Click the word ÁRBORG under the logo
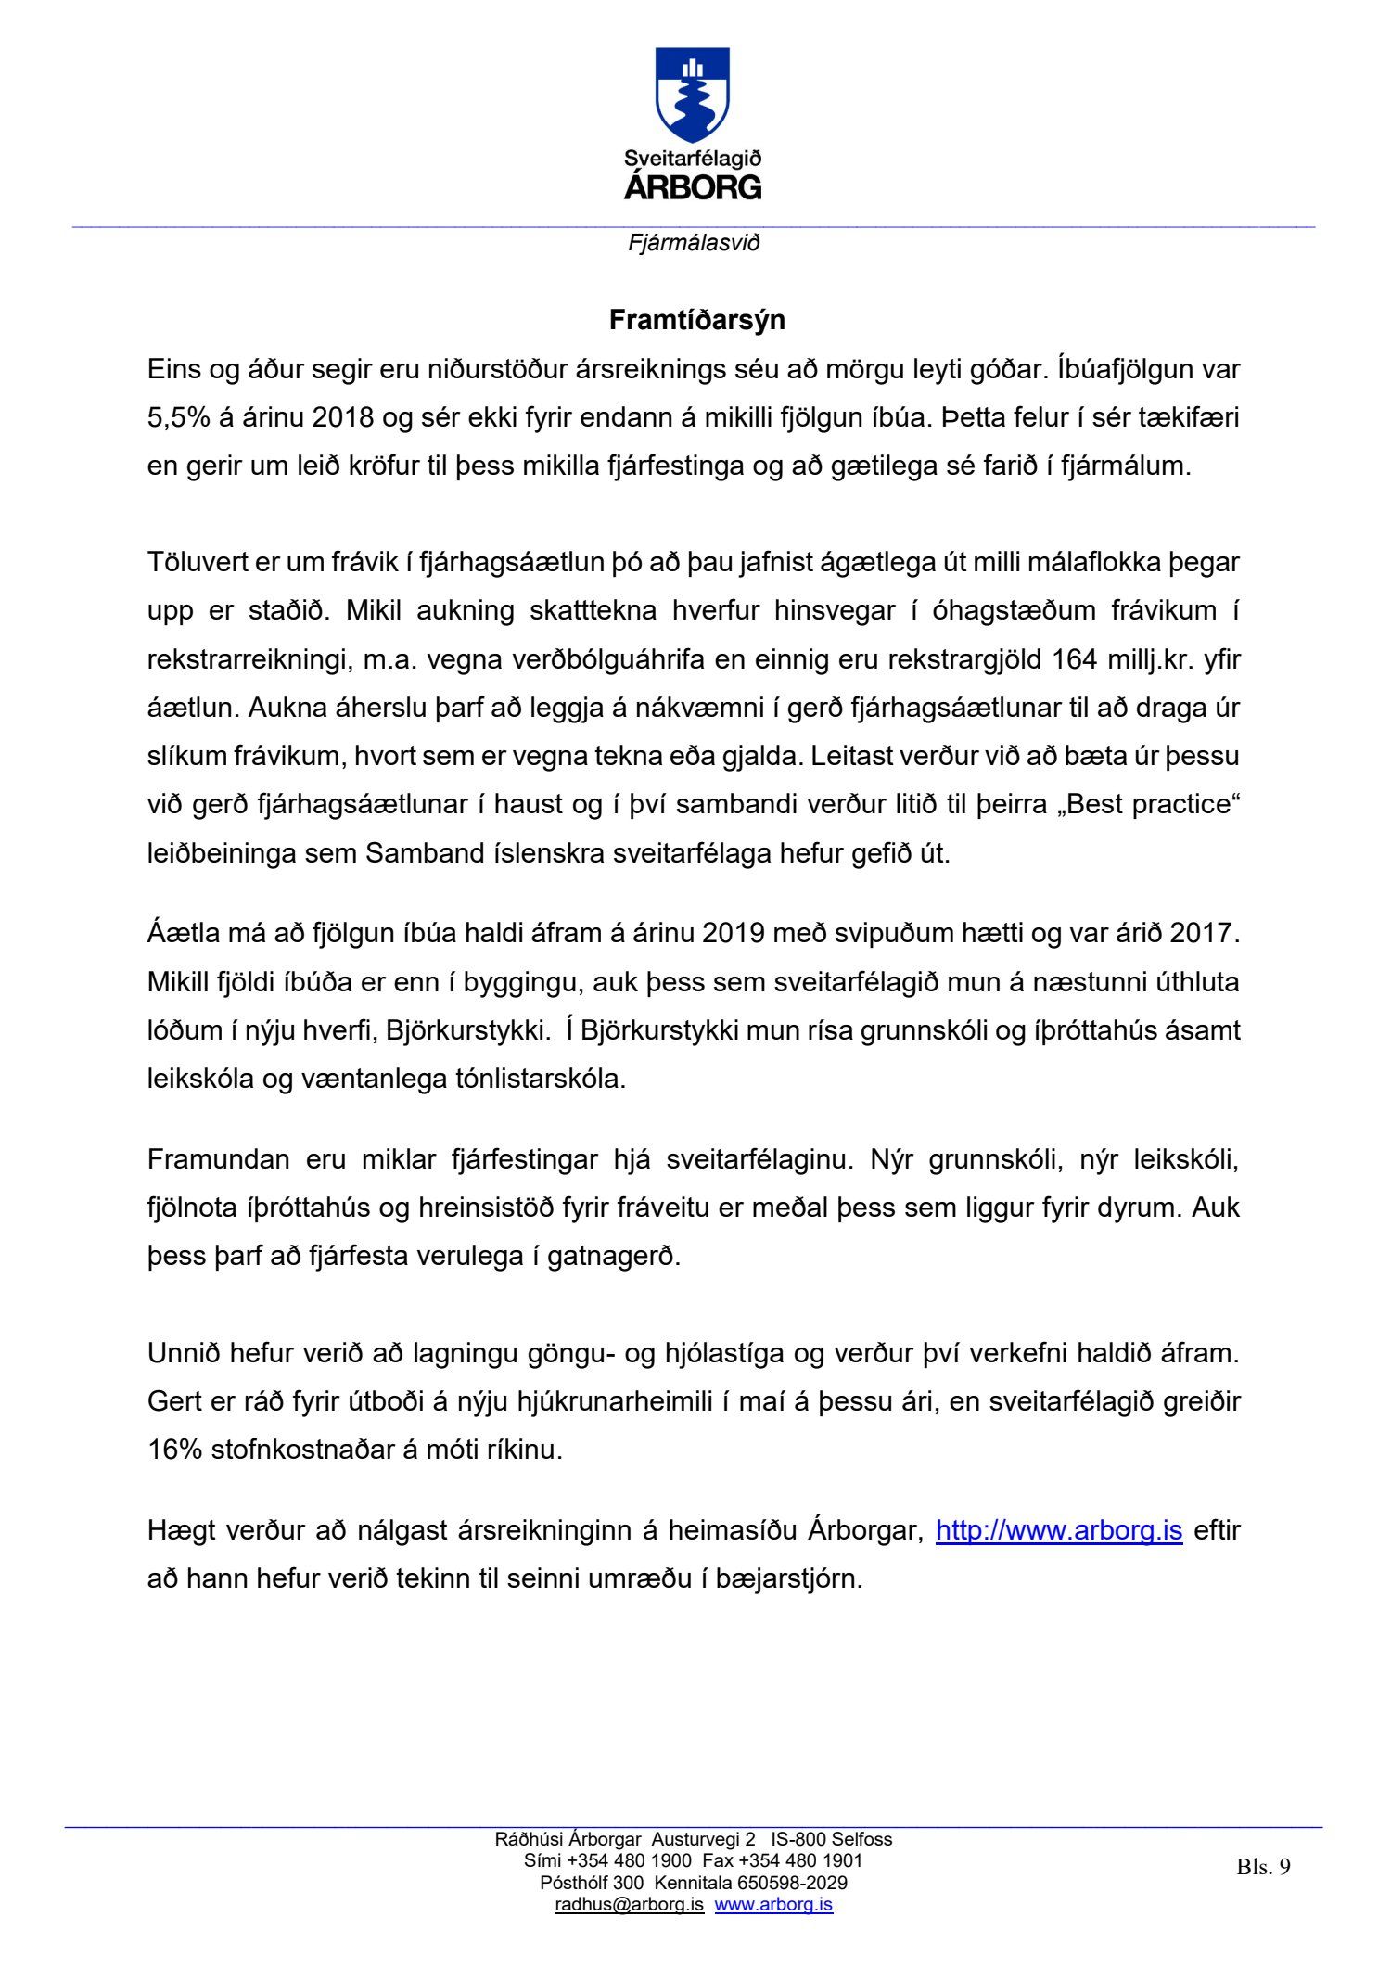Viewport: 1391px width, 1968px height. [x=693, y=187]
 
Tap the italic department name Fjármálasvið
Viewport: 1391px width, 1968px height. [x=694, y=243]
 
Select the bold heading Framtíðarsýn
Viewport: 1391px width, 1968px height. [x=696, y=320]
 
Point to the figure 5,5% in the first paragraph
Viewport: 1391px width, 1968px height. [x=178, y=417]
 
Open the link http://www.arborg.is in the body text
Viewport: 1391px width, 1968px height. [x=1059, y=1530]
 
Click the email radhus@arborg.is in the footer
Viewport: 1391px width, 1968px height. [x=629, y=1905]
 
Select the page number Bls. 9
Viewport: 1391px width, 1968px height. [x=1263, y=1867]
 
